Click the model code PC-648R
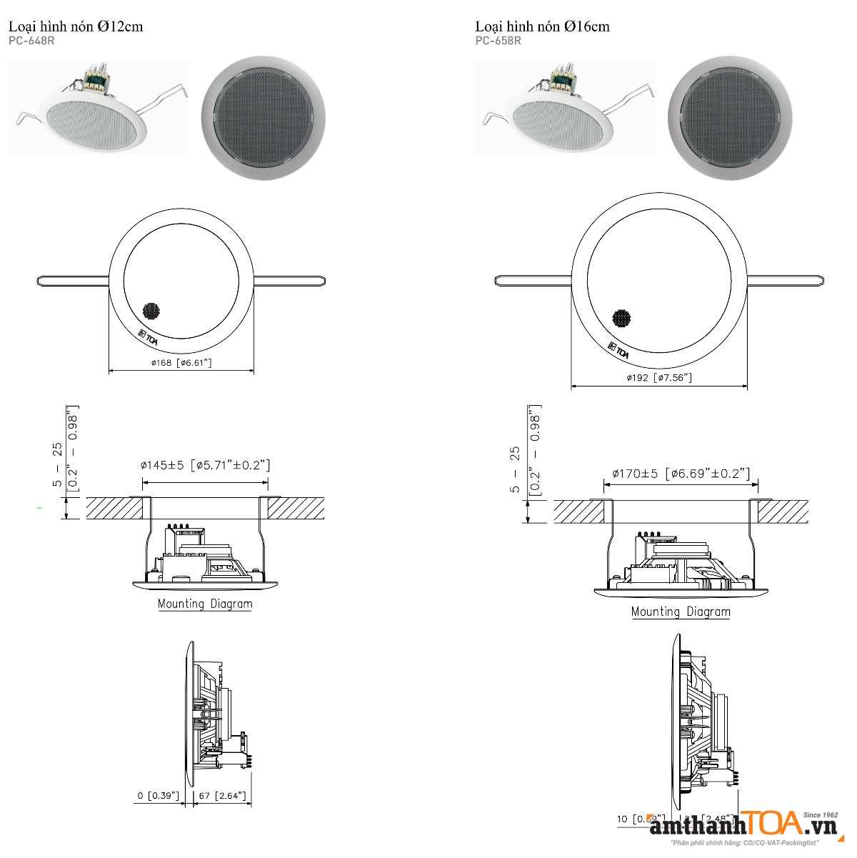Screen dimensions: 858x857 point(31,41)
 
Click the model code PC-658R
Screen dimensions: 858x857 point(498,41)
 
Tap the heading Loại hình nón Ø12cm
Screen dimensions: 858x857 point(76,26)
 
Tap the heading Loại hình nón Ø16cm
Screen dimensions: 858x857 point(542,26)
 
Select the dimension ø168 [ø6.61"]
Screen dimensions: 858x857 point(181,363)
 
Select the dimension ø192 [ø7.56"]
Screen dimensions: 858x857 point(658,377)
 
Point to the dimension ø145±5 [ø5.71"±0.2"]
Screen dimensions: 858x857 point(206,465)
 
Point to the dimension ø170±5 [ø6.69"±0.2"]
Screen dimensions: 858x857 point(681,473)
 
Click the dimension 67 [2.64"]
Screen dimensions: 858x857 point(222,795)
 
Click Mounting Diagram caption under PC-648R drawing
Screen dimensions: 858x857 point(205,604)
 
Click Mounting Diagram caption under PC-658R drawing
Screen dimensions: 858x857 point(681,612)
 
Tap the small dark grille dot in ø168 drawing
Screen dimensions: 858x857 point(151,311)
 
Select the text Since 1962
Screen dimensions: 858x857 point(820,814)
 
